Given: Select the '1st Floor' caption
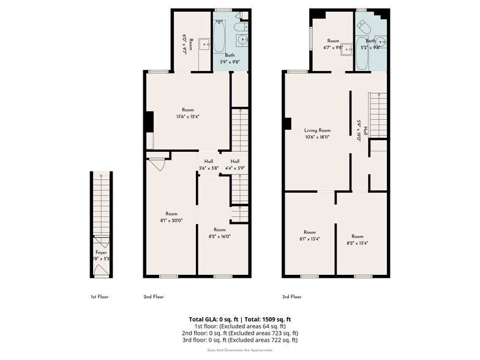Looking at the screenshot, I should pos(100,296).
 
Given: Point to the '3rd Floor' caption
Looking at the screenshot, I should pos(291,296).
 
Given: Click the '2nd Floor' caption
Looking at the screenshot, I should pos(153,296).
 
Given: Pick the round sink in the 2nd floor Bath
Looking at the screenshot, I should pos(242,42).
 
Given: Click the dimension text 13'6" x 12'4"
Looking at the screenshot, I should pos(187,116).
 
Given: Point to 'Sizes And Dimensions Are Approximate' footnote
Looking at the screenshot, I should pos(240,350).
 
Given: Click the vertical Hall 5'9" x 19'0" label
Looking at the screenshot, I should pos(361,130).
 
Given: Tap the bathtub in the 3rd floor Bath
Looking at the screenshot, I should pos(361,56).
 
